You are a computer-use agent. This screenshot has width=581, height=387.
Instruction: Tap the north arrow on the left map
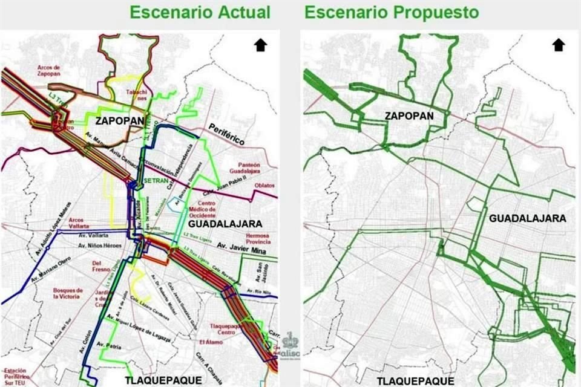tap(261, 45)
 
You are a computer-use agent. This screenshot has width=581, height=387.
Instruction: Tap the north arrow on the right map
tap(558, 45)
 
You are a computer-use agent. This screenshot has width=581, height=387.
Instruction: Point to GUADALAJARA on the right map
tap(527, 218)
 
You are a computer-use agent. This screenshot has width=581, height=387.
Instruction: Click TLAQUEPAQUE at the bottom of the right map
tap(415, 380)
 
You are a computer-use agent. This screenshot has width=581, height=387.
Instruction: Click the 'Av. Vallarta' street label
tap(93, 235)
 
